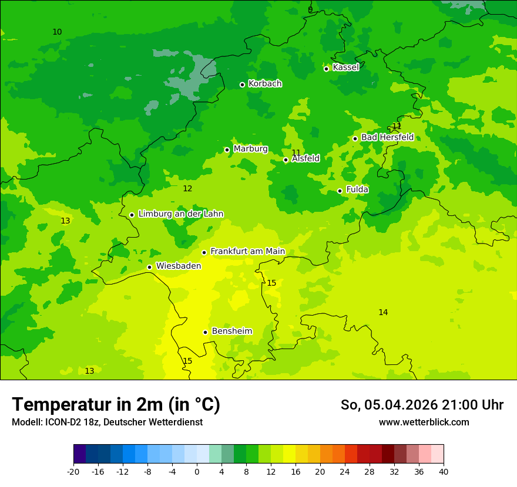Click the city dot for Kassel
tap(326, 69)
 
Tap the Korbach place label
tap(264, 84)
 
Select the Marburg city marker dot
tap(227, 150)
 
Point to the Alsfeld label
tap(305, 158)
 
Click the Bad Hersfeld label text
tap(387, 137)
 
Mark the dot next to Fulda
tap(340, 191)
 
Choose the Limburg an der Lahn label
tap(180, 214)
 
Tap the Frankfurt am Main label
tap(247, 252)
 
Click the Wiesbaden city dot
tap(149, 267)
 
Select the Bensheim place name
tap(231, 332)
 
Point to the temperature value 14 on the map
tap(383, 312)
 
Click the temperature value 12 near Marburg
tap(187, 188)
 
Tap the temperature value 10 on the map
tap(57, 32)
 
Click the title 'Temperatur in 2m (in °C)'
tap(116, 405)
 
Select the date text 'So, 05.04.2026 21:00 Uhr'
tap(422, 405)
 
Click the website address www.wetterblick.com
tap(424, 422)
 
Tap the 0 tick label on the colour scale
tap(197, 472)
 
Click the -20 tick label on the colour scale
tap(73, 472)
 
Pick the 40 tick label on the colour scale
tap(444, 472)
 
